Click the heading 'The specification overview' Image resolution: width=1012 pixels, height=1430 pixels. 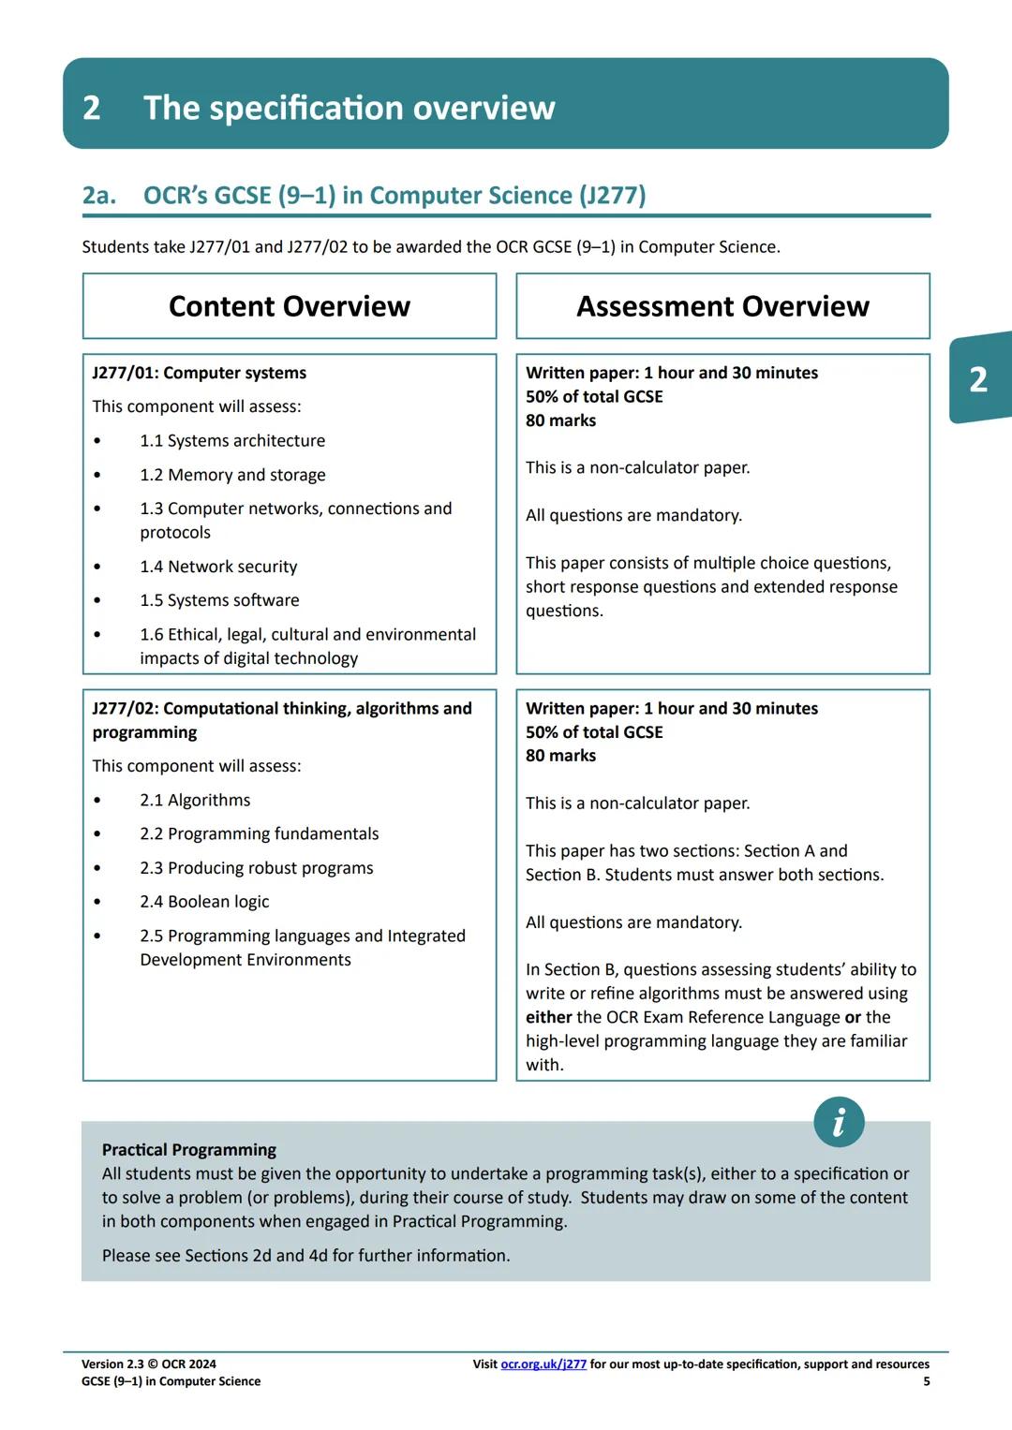click(x=349, y=108)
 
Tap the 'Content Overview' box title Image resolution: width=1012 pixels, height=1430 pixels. click(x=290, y=306)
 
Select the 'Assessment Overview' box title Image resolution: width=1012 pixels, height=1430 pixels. click(x=722, y=306)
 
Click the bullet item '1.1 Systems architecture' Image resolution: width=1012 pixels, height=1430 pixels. click(x=232, y=440)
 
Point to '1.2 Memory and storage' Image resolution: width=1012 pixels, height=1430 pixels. click(x=232, y=475)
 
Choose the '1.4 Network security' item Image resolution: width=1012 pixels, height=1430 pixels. click(x=218, y=567)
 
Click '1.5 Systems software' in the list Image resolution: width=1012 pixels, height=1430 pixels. click(x=219, y=600)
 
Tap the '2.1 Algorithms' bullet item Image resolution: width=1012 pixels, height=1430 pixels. click(x=195, y=800)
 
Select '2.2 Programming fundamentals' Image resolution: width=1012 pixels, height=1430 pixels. click(x=260, y=833)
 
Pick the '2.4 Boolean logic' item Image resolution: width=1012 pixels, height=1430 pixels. click(x=204, y=902)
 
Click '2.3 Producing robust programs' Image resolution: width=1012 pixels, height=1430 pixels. click(x=257, y=868)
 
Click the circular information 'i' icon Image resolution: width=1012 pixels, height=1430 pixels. click(x=839, y=1122)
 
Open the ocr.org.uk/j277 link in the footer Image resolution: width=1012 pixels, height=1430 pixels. click(x=543, y=1364)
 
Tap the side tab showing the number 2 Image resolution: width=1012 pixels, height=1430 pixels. click(x=978, y=379)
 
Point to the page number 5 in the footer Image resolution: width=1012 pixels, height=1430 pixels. click(x=926, y=1381)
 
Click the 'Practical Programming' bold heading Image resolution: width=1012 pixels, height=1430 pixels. click(x=189, y=1150)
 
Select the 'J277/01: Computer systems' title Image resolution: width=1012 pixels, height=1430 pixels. click(x=200, y=373)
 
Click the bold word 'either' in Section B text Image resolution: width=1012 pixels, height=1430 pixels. click(x=548, y=1017)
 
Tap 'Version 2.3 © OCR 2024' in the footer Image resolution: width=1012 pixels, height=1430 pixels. click(x=149, y=1364)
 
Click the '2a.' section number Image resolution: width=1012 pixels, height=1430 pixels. click(x=99, y=195)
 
